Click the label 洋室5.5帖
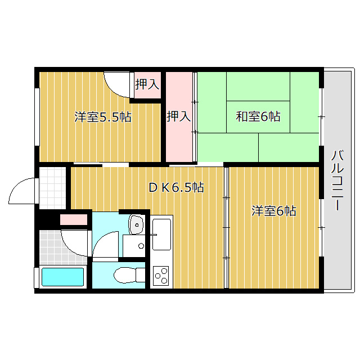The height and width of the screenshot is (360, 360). [x=102, y=117]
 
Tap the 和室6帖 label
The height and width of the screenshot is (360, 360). [x=258, y=116]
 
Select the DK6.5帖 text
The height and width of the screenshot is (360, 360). [x=176, y=187]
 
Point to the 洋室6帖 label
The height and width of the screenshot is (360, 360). [x=274, y=211]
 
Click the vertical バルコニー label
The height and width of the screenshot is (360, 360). [x=337, y=180]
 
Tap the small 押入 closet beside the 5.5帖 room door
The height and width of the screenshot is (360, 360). [x=147, y=85]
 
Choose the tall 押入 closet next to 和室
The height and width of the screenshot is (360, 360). [x=179, y=116]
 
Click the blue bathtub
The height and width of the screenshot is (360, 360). [x=62, y=277]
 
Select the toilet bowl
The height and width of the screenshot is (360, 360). [x=125, y=275]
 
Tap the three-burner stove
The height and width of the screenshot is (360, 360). [x=161, y=275]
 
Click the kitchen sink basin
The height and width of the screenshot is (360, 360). [x=161, y=234]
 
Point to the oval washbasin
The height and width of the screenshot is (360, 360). [x=137, y=224]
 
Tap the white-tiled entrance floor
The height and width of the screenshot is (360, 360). [x=52, y=188]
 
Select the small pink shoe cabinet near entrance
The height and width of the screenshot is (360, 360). [x=74, y=220]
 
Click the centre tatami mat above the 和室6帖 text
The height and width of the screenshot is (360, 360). [x=258, y=86]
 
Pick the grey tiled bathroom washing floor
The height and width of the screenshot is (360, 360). [x=62, y=247]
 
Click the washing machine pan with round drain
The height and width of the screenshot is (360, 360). [x=134, y=246]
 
